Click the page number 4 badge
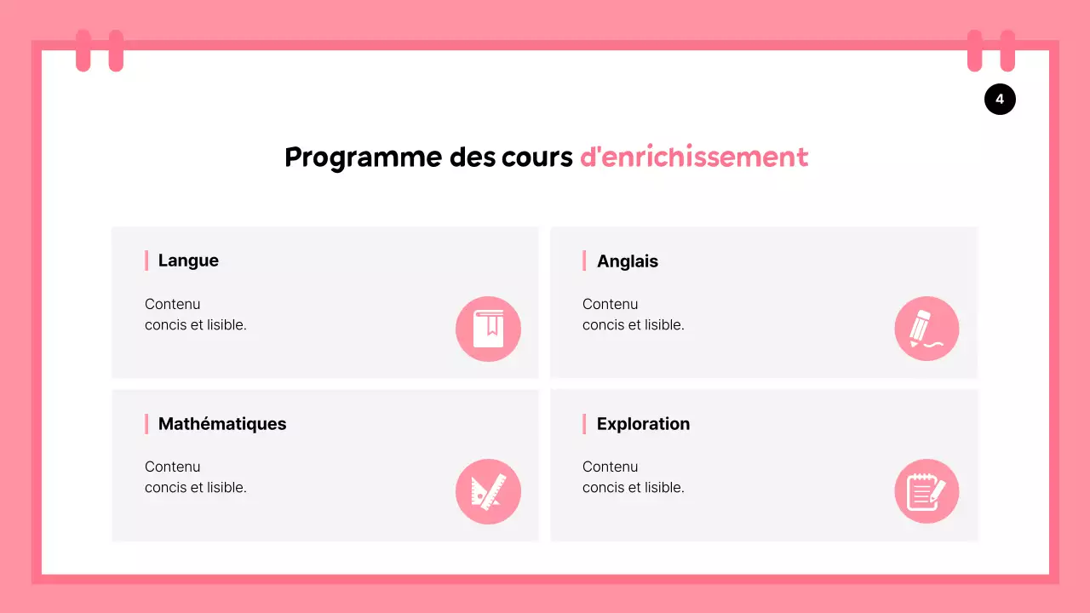point(1000,100)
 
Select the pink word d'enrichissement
point(693,158)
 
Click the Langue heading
point(188,261)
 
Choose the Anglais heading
point(627,261)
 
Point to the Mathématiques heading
point(222,424)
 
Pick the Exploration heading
point(643,424)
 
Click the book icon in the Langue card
point(488,329)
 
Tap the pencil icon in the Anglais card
point(926,329)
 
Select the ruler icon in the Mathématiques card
point(488,491)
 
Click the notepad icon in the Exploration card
point(926,491)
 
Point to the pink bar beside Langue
point(146,261)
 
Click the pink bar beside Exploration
point(584,424)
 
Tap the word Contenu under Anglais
point(610,304)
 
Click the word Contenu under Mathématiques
point(172,467)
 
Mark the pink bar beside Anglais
point(584,261)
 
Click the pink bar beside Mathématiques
point(146,424)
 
